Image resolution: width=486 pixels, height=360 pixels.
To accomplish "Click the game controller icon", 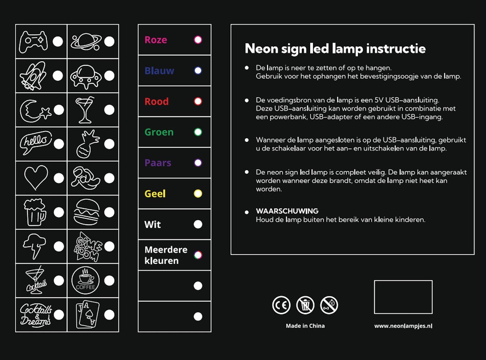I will point(34,41).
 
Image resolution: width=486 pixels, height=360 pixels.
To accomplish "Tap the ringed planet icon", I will point(86,41).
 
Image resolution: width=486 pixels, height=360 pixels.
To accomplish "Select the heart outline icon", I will point(36,178).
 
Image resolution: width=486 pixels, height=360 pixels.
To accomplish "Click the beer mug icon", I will point(35,212).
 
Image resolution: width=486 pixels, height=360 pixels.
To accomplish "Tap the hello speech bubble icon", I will point(36,143).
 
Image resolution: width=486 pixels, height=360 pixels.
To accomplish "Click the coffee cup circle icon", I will point(85,280).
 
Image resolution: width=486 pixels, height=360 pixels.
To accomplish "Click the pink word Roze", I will point(156,40).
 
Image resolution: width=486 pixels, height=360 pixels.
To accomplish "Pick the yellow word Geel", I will point(155,194).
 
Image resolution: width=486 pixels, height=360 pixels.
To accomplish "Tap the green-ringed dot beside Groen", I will point(198,132).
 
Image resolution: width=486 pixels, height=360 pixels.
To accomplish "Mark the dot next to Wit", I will point(198,225).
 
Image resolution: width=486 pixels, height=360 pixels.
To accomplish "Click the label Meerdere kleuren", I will point(166,255).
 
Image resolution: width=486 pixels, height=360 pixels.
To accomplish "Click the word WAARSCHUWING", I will point(287,211).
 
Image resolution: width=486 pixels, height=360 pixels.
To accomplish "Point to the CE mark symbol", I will point(281,305).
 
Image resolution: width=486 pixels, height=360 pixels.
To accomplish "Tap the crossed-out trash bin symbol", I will point(305,305).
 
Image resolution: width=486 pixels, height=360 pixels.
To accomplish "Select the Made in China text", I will point(305,326).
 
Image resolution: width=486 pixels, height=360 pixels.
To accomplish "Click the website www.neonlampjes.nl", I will point(403,326).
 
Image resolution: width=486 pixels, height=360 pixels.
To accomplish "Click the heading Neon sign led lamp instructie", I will point(335,49).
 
